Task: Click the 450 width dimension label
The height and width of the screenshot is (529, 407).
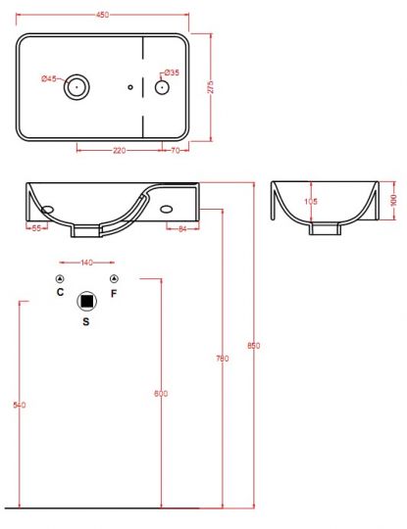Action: pos(103,15)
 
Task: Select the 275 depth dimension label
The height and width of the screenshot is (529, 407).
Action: pos(211,87)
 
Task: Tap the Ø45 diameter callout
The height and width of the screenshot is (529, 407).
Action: pos(49,79)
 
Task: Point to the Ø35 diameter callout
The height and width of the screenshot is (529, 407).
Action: pos(172,72)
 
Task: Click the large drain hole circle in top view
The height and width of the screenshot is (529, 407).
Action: pos(76,87)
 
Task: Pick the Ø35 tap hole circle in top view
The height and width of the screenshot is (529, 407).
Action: pos(162,87)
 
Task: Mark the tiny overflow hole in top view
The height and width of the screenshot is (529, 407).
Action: pos(130,87)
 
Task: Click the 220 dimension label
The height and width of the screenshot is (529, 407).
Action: pos(120,151)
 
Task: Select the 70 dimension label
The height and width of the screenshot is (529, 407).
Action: pos(176,151)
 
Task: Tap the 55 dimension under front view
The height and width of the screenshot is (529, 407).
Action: pos(36,228)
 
